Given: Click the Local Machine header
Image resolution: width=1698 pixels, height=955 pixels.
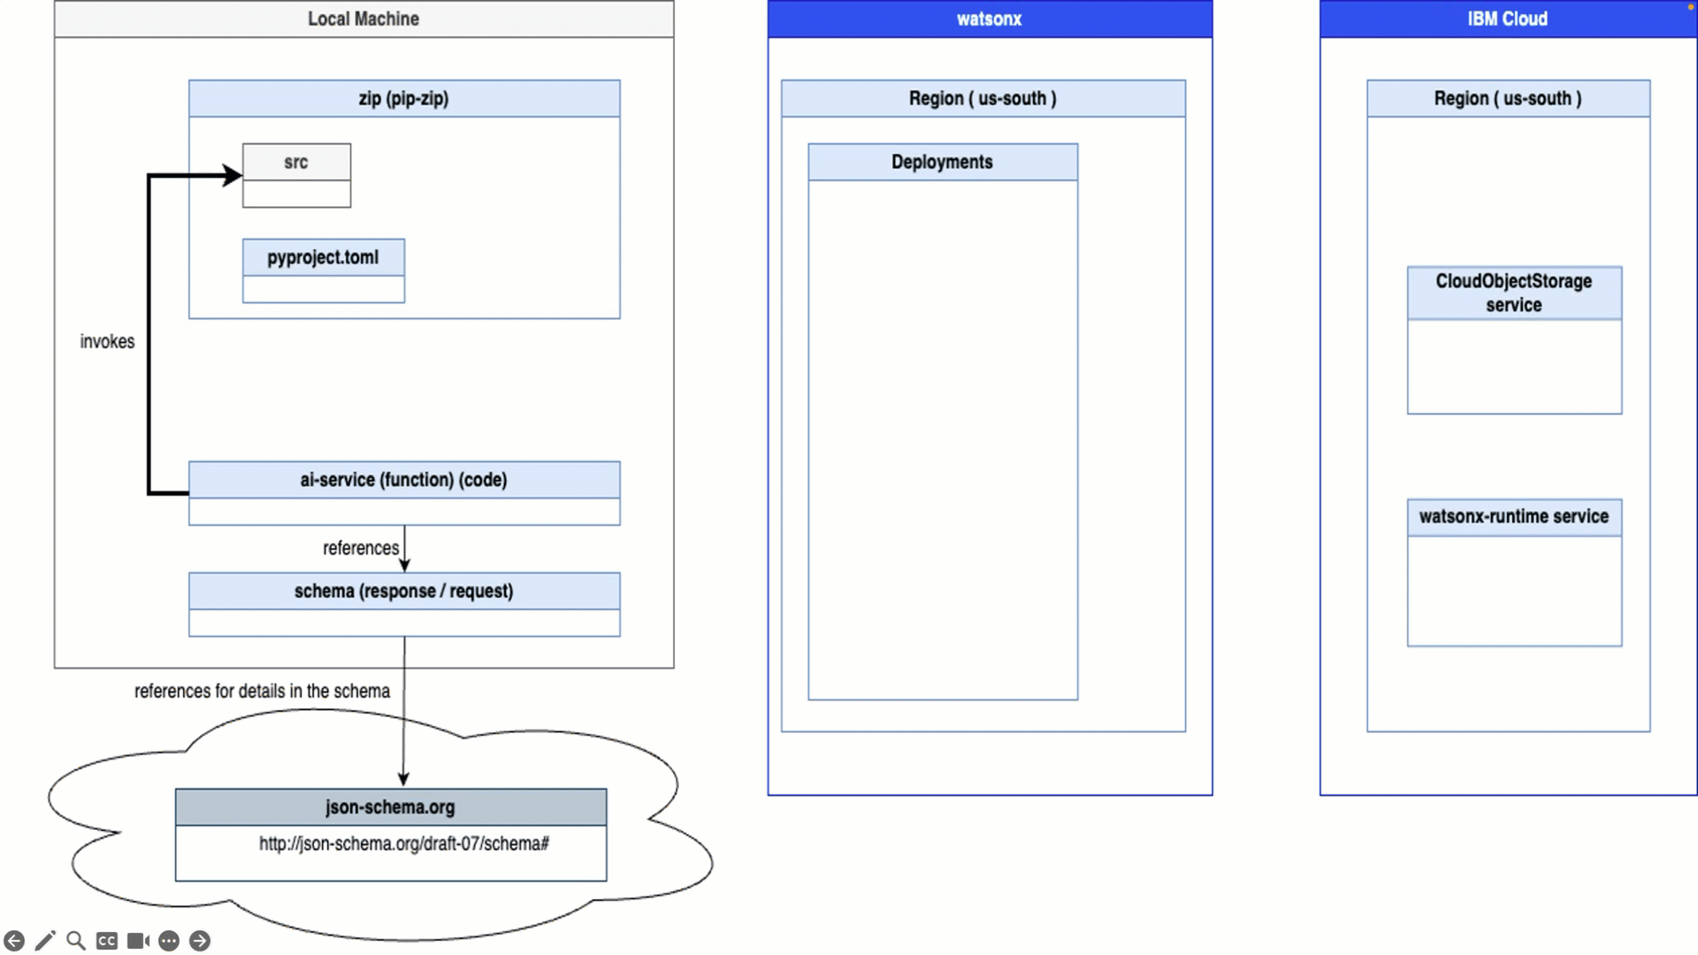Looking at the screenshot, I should coord(363,19).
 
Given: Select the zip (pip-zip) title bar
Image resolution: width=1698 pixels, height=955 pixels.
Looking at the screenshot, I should coord(403,98).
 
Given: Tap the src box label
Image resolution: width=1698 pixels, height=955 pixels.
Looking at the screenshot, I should coord(296,163).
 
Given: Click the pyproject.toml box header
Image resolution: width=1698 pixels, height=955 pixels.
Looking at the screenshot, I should coord(323,257).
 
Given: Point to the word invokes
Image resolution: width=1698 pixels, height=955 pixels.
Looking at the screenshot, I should coord(107,341).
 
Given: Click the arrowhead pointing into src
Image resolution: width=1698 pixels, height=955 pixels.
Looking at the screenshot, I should coord(233,175).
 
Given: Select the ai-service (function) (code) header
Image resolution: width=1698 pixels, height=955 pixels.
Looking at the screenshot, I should coord(403,479).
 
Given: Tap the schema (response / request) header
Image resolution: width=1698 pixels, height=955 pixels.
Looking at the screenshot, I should coord(403,591).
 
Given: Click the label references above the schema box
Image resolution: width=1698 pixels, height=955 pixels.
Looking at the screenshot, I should coord(360,548).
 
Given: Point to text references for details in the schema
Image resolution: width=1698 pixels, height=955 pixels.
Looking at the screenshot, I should coord(262,691).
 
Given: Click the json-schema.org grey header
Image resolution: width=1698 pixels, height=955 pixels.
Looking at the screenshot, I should coord(390,806).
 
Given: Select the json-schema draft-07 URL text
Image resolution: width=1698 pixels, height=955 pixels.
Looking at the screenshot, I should coord(403,844).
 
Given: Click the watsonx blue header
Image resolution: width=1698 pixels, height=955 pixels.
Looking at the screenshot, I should coord(989,19).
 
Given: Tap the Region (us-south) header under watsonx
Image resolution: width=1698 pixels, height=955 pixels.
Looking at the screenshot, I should coord(983,98).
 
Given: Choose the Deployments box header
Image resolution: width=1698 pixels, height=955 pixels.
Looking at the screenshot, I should coord(942,162).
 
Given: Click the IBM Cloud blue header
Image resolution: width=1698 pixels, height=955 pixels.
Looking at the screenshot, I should coord(1507,19).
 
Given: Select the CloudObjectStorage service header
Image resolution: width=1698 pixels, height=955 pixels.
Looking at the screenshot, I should coord(1513,293).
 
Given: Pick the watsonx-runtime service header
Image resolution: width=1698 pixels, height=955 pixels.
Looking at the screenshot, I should coord(1513,516).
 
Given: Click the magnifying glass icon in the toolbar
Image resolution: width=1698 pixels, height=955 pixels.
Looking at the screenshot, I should coord(76,940).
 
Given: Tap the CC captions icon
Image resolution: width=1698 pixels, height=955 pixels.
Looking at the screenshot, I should coord(107,940).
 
